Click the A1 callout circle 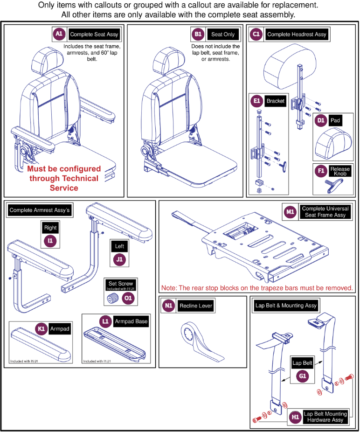click(59, 34)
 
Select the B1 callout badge click(198, 34)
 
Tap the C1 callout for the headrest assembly click(256, 34)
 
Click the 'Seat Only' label click(223, 35)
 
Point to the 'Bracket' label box click(275, 101)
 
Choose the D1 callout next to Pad click(320, 120)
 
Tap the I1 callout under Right click(50, 240)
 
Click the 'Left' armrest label click(119, 246)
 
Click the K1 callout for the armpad click(42, 328)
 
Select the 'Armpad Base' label click(131, 321)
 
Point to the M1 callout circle click(290, 212)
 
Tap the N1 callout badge click(169, 306)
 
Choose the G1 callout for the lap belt click(303, 376)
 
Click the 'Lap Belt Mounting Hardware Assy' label click(325, 417)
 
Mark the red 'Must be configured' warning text click(64, 178)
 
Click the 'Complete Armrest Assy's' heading click(39, 210)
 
